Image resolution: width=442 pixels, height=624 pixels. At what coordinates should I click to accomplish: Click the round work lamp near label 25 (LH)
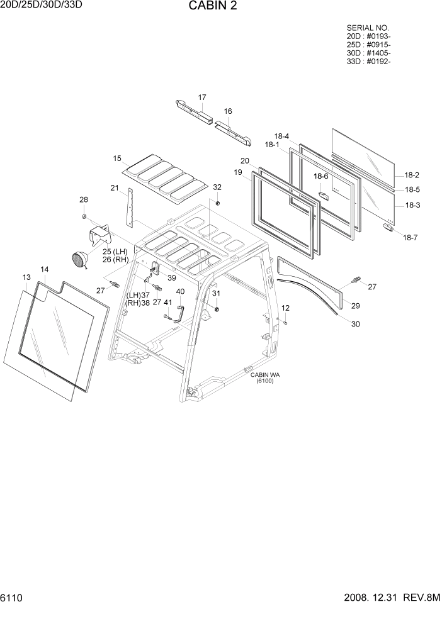79,259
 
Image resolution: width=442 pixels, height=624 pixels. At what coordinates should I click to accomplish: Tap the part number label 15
117,159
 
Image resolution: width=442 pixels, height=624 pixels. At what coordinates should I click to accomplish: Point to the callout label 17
202,97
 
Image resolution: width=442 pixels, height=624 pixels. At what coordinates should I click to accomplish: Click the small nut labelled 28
83,217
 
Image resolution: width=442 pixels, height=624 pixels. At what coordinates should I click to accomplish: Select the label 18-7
410,237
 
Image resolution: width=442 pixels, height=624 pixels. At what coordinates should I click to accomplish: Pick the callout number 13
26,277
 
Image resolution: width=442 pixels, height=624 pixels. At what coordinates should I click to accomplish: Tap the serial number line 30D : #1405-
368,53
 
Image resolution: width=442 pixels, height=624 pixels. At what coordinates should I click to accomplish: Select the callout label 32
217,187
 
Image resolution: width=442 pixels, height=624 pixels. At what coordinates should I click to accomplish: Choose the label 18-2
412,175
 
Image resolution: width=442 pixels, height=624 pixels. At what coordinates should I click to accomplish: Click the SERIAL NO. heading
368,28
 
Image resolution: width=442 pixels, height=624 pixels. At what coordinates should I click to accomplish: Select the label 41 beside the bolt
167,302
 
